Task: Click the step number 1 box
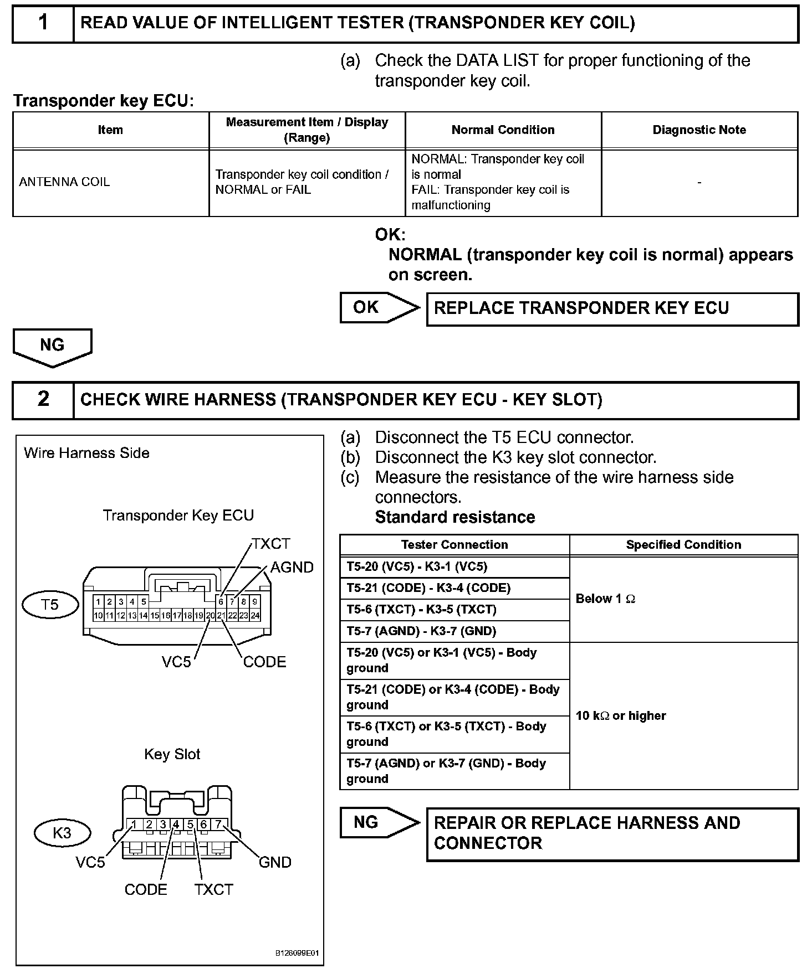(x=43, y=23)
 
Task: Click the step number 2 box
(x=43, y=399)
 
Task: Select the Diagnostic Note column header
(x=699, y=130)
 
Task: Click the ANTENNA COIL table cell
(x=65, y=182)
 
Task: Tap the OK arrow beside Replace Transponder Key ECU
(x=380, y=307)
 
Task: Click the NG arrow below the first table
(x=52, y=346)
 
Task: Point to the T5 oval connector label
(x=49, y=605)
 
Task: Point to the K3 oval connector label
(x=62, y=833)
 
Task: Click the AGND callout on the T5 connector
(x=292, y=568)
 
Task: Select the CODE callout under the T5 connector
(x=264, y=662)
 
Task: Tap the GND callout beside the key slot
(x=275, y=862)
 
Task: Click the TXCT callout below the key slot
(x=213, y=889)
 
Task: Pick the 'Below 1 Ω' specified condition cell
(x=605, y=599)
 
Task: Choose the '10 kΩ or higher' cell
(x=621, y=715)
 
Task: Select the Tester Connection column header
(x=454, y=545)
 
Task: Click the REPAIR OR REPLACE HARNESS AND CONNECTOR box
(x=612, y=833)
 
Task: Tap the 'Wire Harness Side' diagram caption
(x=86, y=453)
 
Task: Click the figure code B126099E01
(x=297, y=954)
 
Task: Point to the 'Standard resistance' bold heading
(x=455, y=517)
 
